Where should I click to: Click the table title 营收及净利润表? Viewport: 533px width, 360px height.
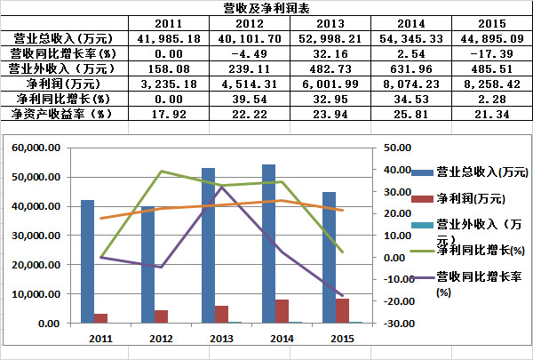pyautogui.click(x=266, y=8)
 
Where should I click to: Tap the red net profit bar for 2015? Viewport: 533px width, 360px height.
pyautogui.click(x=342, y=310)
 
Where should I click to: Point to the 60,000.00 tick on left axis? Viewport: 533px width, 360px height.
pyautogui.click(x=38, y=148)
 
